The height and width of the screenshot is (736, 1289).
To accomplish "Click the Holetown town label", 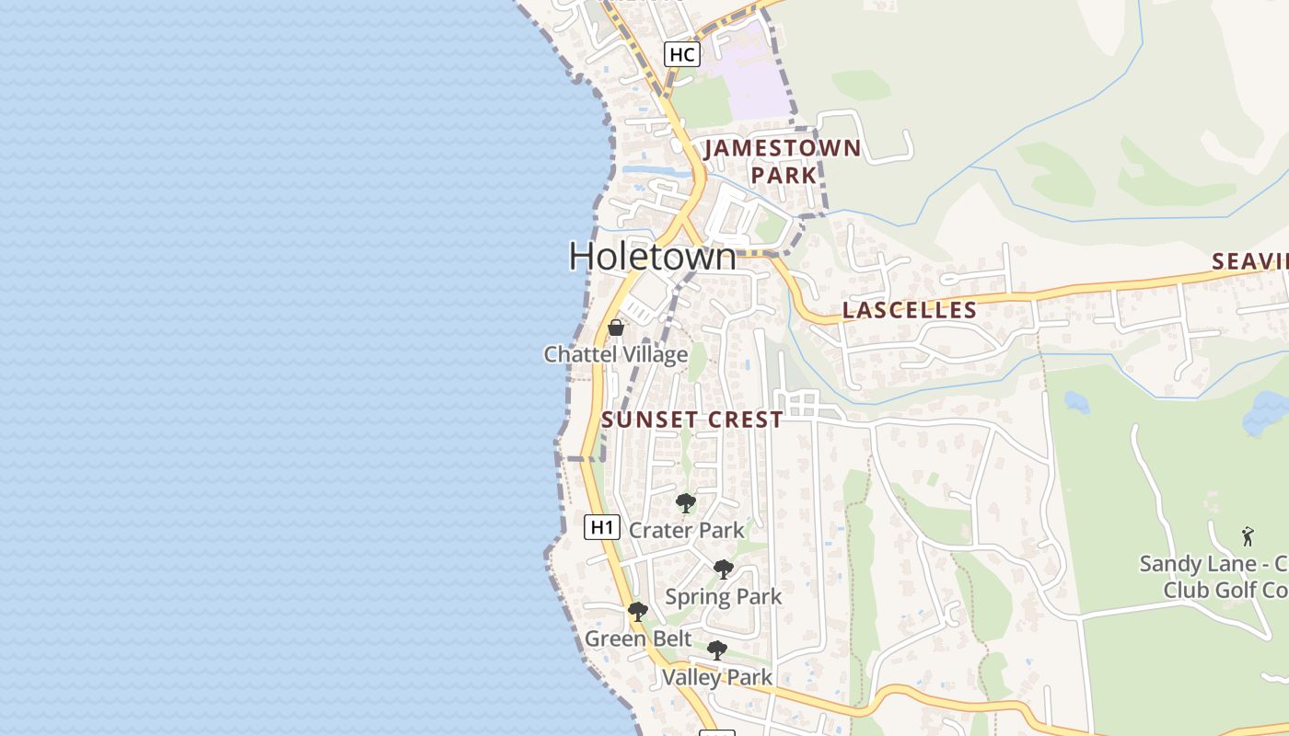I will (653, 256).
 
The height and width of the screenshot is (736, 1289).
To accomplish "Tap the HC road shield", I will (681, 54).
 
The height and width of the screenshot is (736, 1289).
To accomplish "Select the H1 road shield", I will (600, 527).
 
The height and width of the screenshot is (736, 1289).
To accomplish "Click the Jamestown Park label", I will (783, 161).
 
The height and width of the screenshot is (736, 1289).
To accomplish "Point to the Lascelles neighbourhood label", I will (909, 310).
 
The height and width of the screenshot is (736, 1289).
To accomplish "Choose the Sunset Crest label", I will (692, 420).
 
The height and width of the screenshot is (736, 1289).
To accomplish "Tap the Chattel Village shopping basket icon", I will (616, 328).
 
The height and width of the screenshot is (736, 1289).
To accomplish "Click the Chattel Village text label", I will (616, 354).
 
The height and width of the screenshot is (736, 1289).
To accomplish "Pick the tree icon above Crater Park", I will (685, 503).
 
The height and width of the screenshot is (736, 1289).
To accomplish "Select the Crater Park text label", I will (687, 531).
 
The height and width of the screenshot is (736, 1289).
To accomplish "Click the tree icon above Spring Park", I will (724, 569).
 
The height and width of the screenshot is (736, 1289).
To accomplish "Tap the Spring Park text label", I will (724, 597).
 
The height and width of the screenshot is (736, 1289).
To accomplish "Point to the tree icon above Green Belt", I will (637, 612).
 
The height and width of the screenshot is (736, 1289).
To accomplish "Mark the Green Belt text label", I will (638, 638).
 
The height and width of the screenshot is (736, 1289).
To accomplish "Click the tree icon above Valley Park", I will (716, 650).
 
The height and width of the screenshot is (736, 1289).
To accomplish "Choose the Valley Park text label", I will (717, 678).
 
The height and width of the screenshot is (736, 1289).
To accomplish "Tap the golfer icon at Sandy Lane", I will (1248, 536).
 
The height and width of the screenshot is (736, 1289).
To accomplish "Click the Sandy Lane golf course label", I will (1214, 577).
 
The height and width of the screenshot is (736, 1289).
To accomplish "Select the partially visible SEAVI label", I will (1249, 261).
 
